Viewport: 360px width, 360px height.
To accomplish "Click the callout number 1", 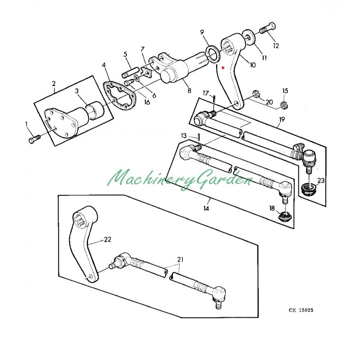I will [26, 123].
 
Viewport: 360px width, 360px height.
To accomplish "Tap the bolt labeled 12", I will [266, 29].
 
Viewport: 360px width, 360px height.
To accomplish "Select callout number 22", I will [107, 239].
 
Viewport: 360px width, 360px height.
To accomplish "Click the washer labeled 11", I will [247, 36].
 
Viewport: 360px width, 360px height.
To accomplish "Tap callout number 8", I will [189, 90].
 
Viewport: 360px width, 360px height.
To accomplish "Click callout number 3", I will [77, 91].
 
